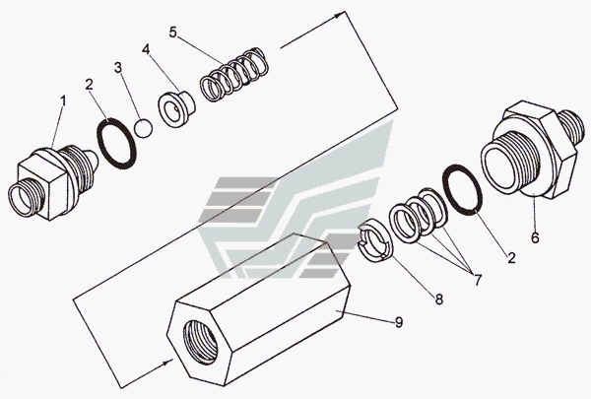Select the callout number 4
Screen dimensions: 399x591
[146, 49]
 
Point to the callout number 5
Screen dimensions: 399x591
[173, 33]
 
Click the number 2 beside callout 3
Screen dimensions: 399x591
[89, 83]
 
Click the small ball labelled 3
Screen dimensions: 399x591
[144, 128]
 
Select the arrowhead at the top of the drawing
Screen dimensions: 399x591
[342, 14]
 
